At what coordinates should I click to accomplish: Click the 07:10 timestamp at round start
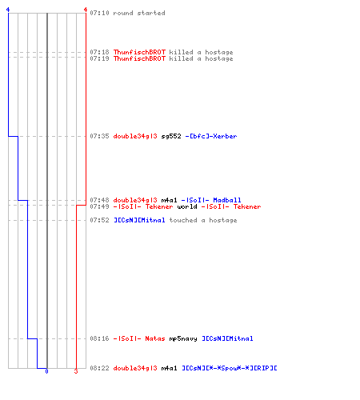pos(99,13)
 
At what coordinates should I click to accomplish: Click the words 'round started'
pos(139,13)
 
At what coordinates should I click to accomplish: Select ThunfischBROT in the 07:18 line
pos(139,52)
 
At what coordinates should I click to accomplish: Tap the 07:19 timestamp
pos(99,58)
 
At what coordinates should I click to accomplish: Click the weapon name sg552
pos(171,136)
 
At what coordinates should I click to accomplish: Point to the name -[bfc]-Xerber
pos(211,136)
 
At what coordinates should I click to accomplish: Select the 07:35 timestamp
pos(99,136)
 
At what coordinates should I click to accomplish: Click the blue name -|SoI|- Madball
pos(211,200)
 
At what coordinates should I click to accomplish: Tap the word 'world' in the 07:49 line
pos(187,206)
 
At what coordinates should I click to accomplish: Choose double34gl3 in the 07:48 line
pos(135,200)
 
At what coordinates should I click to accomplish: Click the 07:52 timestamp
pos(99,220)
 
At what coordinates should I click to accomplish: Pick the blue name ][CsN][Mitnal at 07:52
pos(139,220)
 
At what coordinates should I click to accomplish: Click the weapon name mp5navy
pos(183,338)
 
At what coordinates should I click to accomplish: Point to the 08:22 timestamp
pos(99,368)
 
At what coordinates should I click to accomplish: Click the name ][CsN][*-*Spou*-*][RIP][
pos(230,368)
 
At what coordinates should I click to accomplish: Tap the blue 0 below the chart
pos(46,371)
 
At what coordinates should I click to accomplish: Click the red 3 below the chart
pos(76,371)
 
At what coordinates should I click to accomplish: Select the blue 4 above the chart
pos(8,10)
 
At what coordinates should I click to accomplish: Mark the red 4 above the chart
pos(86,10)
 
